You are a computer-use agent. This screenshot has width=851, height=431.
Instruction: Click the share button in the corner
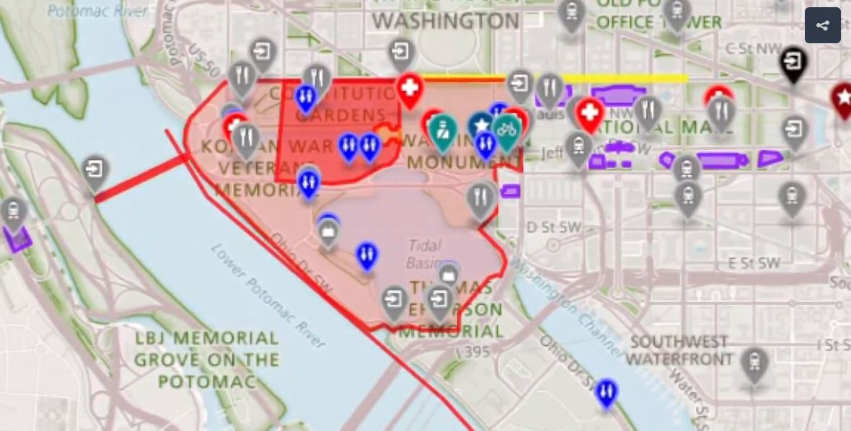click(822, 25)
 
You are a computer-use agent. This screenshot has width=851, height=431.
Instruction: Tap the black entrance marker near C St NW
click(793, 61)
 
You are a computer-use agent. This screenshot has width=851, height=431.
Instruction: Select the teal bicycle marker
click(506, 129)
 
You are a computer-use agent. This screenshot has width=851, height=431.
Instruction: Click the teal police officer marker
click(442, 130)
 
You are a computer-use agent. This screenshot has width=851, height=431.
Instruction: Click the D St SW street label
click(553, 227)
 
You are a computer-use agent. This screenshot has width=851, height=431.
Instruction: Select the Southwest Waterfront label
click(680, 350)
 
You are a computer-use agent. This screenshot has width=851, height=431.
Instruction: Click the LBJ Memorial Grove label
click(207, 359)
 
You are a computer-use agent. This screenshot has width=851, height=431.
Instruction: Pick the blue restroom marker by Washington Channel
click(607, 391)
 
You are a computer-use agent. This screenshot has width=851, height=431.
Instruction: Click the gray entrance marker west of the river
click(94, 172)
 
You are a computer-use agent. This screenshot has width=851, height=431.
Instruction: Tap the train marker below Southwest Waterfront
click(754, 363)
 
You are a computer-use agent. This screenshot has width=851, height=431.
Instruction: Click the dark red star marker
click(842, 98)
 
